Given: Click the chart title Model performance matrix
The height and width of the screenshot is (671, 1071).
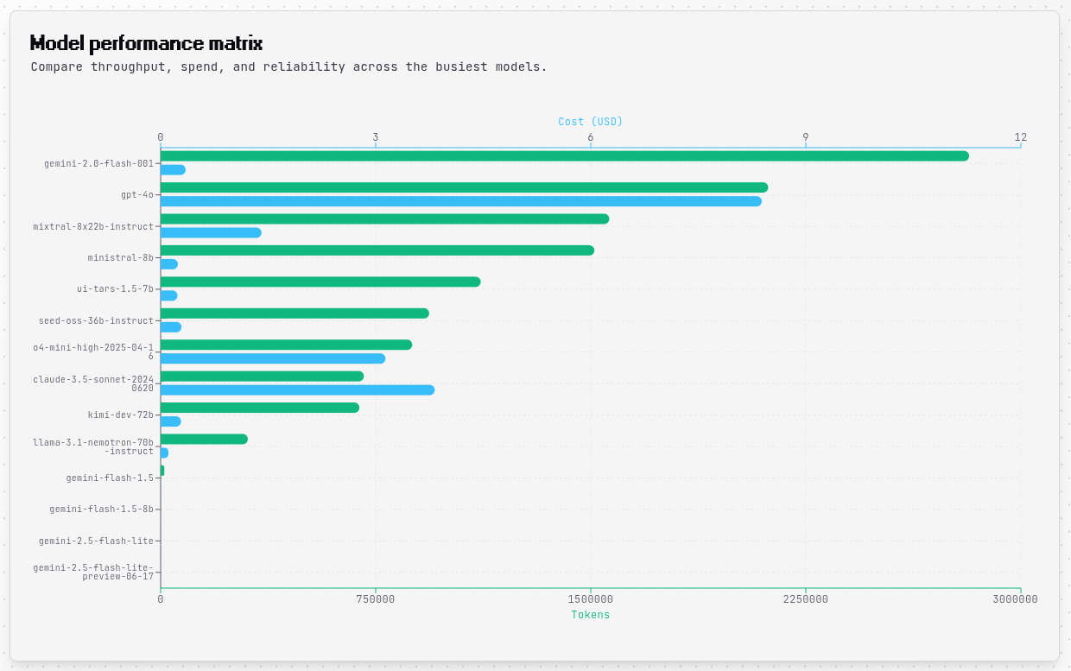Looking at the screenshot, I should [x=146, y=43].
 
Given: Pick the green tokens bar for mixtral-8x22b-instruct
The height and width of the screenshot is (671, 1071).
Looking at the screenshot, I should [x=384, y=219].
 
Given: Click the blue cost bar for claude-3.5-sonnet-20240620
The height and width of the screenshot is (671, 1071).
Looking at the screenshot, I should [x=297, y=390].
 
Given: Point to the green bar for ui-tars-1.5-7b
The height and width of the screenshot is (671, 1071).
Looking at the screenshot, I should [x=320, y=282].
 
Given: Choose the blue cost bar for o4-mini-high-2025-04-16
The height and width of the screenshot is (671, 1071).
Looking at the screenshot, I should [x=272, y=358].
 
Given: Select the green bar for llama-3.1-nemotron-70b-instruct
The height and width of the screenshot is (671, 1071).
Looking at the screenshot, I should [x=204, y=440].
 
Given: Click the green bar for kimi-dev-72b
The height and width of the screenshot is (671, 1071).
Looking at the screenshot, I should [x=259, y=408].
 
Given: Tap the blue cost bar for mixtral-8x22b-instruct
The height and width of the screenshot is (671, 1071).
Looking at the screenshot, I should [x=211, y=233].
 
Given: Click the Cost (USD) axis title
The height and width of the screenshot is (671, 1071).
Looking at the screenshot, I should [x=590, y=122].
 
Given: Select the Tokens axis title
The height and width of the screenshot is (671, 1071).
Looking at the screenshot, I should [x=590, y=615].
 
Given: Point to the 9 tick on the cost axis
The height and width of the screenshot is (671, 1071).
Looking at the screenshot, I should [x=806, y=137].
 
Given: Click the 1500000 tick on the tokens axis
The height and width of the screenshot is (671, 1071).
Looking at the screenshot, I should [x=591, y=599].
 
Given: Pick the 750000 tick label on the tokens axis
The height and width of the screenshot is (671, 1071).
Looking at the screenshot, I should [x=376, y=599].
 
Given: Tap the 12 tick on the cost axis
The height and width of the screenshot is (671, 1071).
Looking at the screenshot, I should [x=1021, y=137].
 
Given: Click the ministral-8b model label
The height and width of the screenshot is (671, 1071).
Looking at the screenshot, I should [x=120, y=258].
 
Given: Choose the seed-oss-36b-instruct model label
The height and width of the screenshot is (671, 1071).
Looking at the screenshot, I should [x=96, y=321].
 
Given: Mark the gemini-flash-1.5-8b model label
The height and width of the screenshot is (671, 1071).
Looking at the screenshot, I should [x=101, y=510].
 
